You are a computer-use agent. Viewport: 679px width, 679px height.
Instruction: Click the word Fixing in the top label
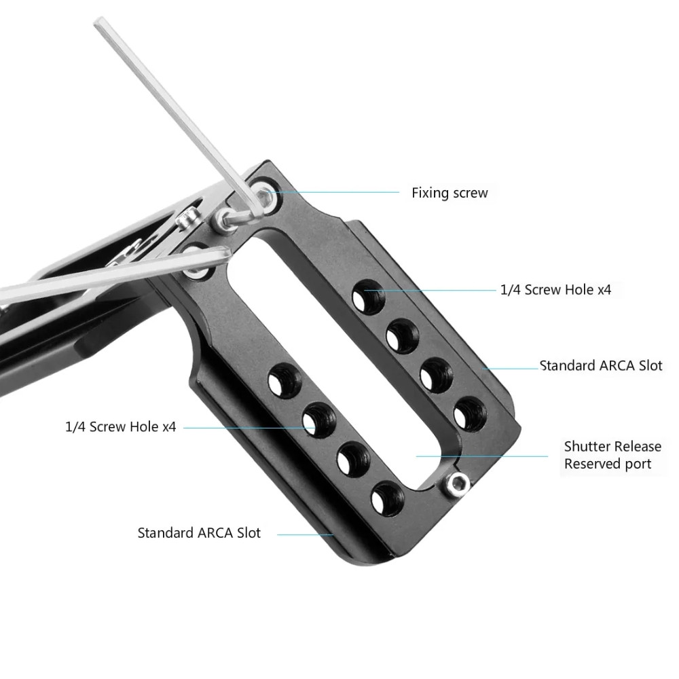pos(429,194)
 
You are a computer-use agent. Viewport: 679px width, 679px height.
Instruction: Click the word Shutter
pos(588,447)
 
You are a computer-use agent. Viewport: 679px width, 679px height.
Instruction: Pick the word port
pos(638,465)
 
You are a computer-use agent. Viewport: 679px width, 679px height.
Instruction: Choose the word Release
pos(638,447)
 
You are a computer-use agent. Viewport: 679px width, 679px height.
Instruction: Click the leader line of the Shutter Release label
pos(482,456)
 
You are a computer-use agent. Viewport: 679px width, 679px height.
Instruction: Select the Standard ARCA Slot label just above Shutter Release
pos(601,366)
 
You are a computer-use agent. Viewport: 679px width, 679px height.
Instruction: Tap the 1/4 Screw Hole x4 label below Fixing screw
pos(555,290)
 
